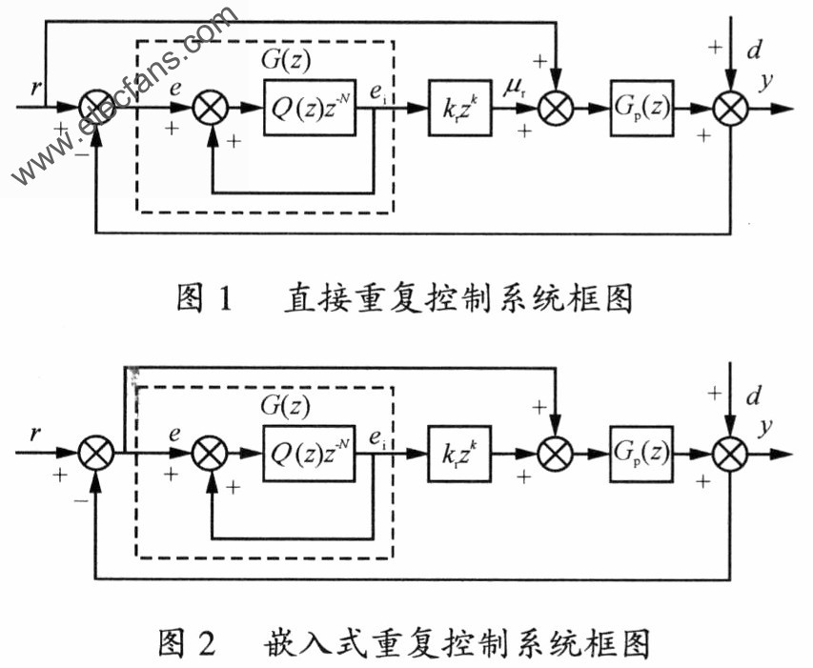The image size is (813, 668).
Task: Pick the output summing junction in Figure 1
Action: [731, 109]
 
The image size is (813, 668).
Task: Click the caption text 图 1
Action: [205, 298]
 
